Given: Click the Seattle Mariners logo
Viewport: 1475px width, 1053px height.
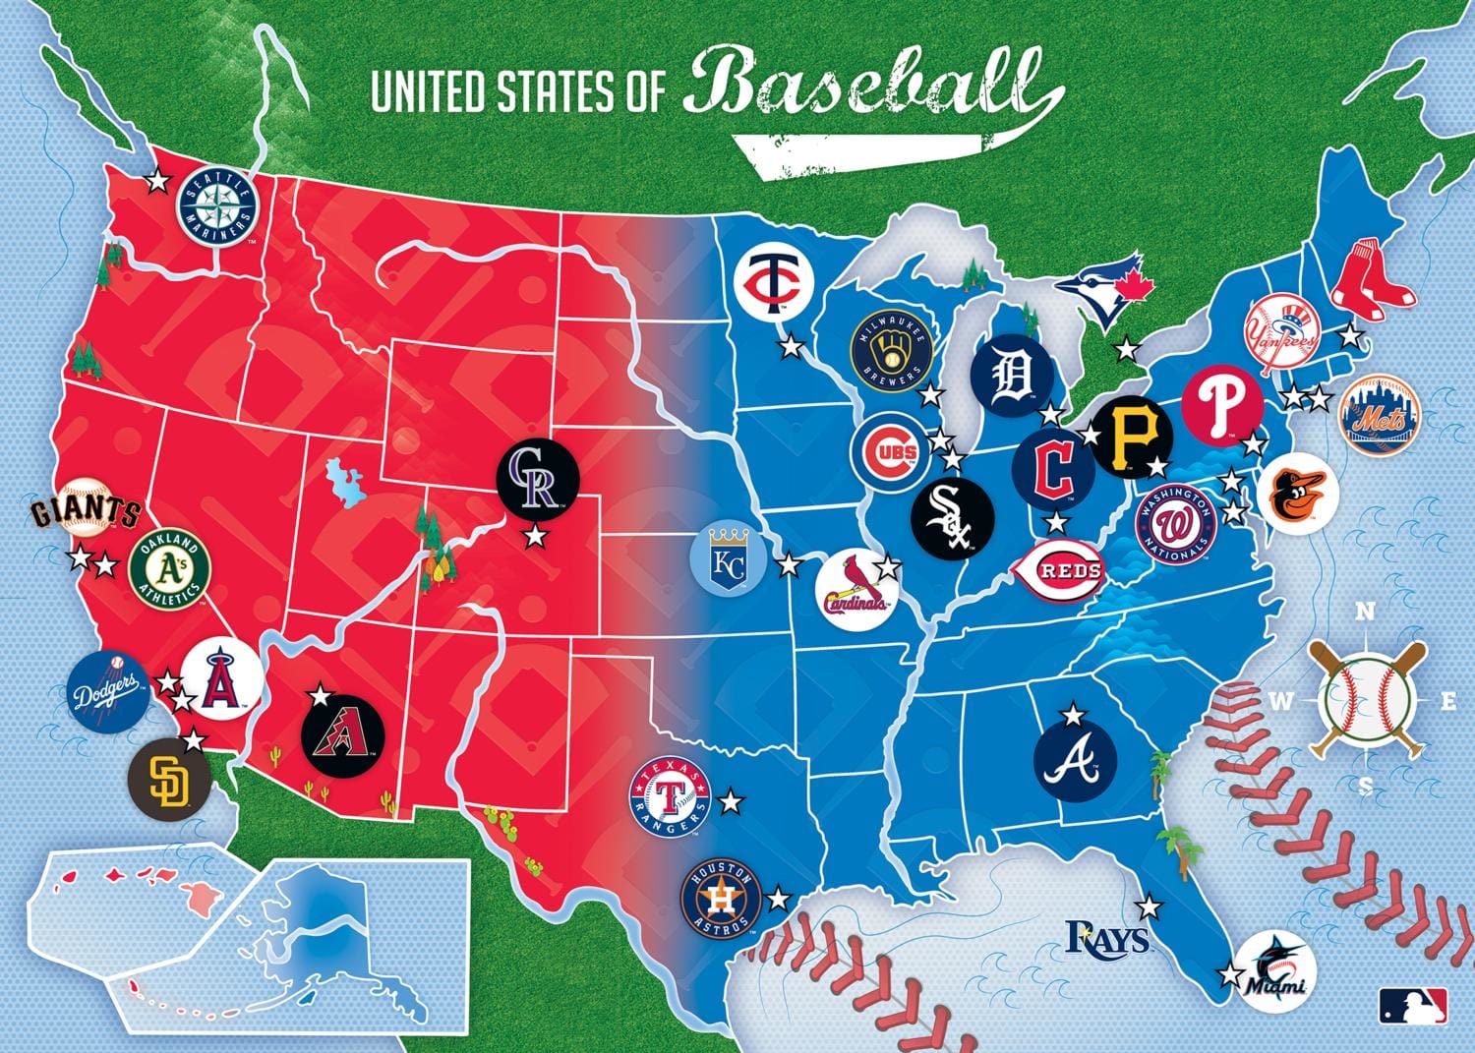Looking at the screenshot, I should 216,208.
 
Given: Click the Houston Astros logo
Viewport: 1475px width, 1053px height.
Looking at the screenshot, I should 722,899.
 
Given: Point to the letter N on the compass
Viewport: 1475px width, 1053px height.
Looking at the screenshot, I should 1365,612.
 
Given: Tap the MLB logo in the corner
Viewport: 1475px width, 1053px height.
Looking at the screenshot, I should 1413,1005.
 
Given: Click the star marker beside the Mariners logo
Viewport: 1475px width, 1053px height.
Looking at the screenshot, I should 156,181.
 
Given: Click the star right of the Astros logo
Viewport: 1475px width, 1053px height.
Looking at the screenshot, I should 778,898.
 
